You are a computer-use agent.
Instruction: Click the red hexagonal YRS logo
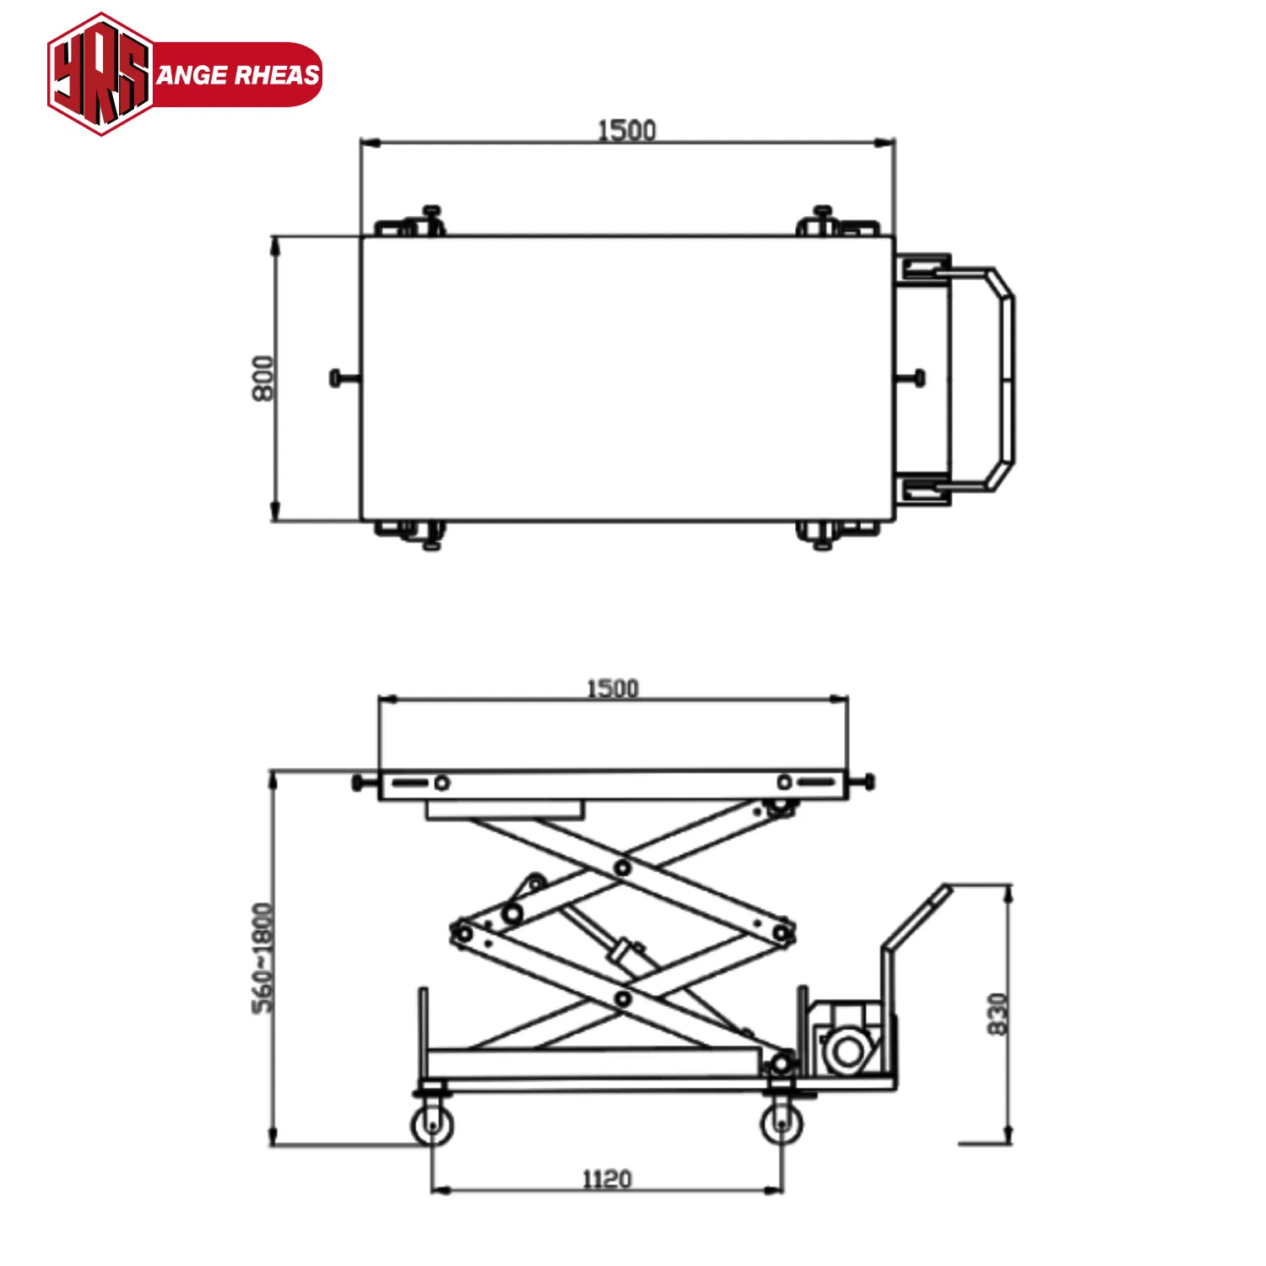click(100, 74)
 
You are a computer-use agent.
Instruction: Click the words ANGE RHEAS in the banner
click(238, 75)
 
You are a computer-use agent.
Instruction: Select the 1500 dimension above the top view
click(626, 130)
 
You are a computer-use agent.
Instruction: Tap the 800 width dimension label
click(263, 378)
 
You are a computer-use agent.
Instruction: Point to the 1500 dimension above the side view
click(612, 688)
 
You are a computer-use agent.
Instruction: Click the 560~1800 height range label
click(263, 957)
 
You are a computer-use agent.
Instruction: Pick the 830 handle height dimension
click(998, 1013)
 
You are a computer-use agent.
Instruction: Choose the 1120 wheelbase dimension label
click(607, 1178)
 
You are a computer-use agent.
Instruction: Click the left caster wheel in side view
click(432, 1125)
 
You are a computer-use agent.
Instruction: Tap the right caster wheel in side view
click(782, 1123)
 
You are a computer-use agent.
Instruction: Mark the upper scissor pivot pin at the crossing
click(623, 867)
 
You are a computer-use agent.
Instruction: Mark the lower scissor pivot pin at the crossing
click(623, 999)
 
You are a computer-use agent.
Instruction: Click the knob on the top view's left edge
click(336, 378)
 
